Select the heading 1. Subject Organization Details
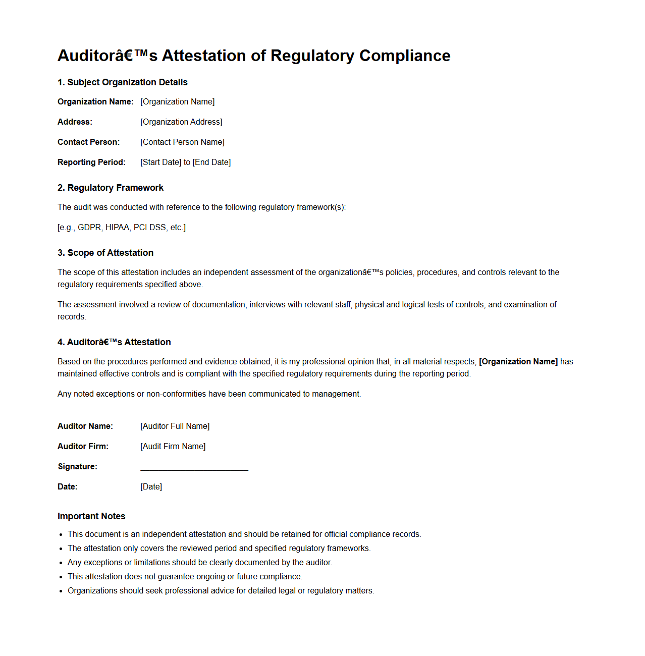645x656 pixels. pos(123,82)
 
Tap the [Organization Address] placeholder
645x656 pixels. pos(181,122)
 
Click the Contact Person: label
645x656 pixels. pos(89,142)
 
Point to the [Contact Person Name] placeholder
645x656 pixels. pos(182,142)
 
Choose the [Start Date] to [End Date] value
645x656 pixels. pos(185,162)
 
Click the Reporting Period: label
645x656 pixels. pos(91,162)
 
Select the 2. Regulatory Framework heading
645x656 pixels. pos(111,188)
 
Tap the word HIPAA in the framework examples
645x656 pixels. pos(117,228)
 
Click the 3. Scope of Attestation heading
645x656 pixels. pos(105,253)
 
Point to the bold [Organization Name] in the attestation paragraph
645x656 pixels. pos(518,361)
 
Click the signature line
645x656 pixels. pos(194,469)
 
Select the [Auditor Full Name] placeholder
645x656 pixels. pos(175,426)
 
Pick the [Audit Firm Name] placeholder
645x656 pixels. pos(173,446)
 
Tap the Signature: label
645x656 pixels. pos(78,466)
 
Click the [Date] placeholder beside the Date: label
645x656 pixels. pos(151,486)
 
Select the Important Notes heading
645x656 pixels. pos(91,516)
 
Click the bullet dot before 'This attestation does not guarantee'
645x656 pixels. pos(61,577)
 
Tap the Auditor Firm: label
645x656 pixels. pos(83,446)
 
